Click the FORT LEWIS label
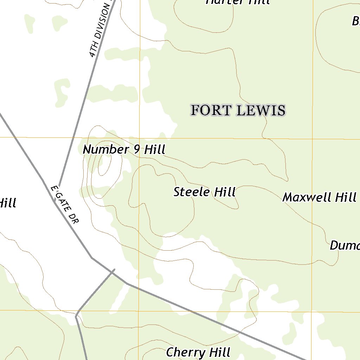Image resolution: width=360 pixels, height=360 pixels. pyautogui.click(x=238, y=110)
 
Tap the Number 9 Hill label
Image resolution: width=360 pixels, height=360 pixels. pyautogui.click(x=124, y=150)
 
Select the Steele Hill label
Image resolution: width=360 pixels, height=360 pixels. pyautogui.click(x=204, y=192)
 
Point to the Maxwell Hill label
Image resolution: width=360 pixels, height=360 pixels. pyautogui.click(x=319, y=197)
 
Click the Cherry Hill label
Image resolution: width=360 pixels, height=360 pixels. pyautogui.click(x=198, y=352)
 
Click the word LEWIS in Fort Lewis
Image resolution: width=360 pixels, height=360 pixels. pyautogui.click(x=261, y=110)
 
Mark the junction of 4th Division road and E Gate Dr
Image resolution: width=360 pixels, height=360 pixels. pyautogui.click(x=58, y=186)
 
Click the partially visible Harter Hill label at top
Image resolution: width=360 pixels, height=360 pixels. pyautogui.click(x=238, y=2)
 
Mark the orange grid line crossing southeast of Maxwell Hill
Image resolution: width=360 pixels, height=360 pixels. pyautogui.click(x=312, y=311)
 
